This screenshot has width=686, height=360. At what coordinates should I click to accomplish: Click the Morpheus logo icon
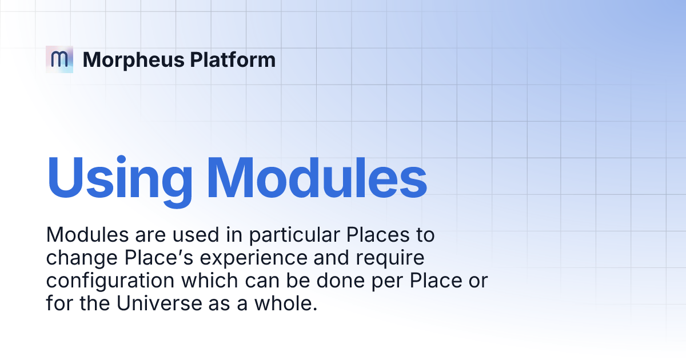click(x=59, y=59)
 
